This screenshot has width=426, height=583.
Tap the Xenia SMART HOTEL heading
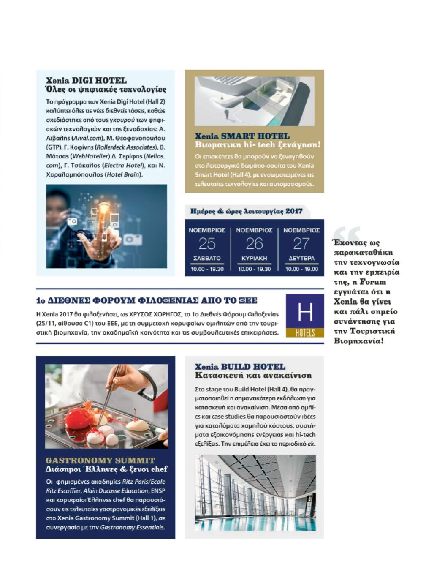[x=242, y=136]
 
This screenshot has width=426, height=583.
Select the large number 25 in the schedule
[x=207, y=244]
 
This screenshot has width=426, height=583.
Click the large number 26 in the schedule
[x=254, y=244]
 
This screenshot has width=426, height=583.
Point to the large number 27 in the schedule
[x=301, y=244]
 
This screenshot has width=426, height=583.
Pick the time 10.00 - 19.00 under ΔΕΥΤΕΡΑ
[x=301, y=269]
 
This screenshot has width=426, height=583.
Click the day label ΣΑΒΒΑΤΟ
[x=207, y=258]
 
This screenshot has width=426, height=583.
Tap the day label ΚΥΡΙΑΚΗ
[x=254, y=258]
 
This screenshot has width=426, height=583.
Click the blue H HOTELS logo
[x=305, y=316]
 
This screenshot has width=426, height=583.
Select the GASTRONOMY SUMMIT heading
[x=100, y=460]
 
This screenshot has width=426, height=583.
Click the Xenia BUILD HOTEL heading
[x=240, y=367]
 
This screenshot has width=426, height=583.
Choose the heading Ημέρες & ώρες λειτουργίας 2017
[x=246, y=211]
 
